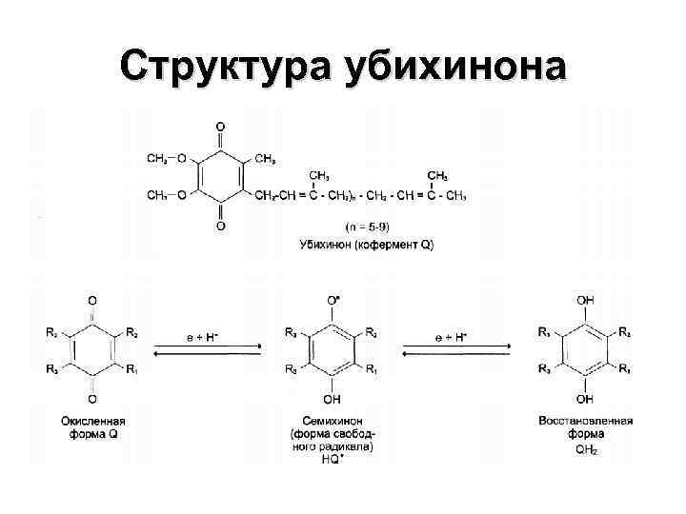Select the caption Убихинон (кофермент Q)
pyautogui.click(x=366, y=245)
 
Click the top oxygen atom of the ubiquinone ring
pyautogui.click(x=221, y=126)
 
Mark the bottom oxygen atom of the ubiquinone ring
pyautogui.click(x=221, y=227)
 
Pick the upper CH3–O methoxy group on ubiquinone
pyautogui.click(x=168, y=158)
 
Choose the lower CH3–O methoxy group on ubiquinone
pyautogui.click(x=168, y=195)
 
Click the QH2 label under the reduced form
pyautogui.click(x=586, y=448)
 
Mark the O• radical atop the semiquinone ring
pyautogui.click(x=333, y=300)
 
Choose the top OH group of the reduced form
pyautogui.click(x=586, y=300)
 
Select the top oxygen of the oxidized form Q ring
pyautogui.click(x=91, y=301)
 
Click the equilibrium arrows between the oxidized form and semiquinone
pyautogui.click(x=202, y=351)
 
